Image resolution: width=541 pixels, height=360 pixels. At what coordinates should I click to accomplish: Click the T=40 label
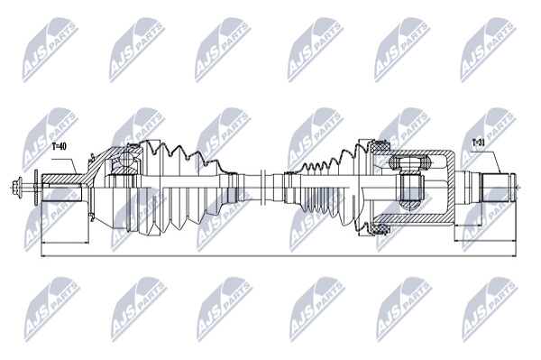click(x=59, y=147)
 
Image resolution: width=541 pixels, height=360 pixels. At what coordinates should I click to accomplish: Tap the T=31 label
click(x=479, y=143)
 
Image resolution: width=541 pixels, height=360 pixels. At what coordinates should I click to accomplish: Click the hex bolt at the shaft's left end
click(x=17, y=188)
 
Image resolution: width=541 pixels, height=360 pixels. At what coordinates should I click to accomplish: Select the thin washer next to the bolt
click(x=35, y=188)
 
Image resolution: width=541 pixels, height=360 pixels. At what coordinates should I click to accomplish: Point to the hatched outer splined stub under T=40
click(x=62, y=180)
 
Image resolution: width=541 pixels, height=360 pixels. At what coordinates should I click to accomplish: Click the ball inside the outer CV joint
click(x=126, y=160)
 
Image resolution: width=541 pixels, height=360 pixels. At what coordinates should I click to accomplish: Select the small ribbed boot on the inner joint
click(x=329, y=188)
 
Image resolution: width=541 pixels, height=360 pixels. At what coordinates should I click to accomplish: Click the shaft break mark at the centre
click(x=262, y=188)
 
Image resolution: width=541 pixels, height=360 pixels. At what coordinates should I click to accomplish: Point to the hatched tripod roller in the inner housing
click(x=410, y=162)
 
